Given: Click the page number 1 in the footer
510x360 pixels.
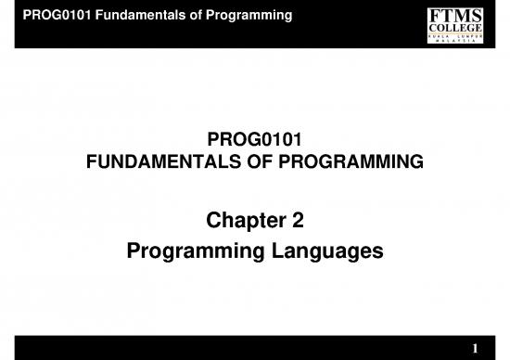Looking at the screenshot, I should [x=475, y=348].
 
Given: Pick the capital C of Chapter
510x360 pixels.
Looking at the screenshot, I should [x=209, y=222].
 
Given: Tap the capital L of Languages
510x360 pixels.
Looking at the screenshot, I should [x=270, y=251].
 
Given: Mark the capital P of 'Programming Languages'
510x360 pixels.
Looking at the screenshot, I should [x=134, y=251].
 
